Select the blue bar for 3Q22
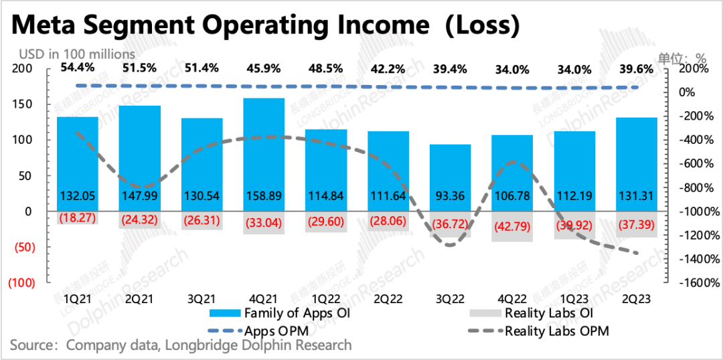[451, 177]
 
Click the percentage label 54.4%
[78, 68]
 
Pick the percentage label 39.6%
[637, 69]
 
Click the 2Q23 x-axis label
[637, 301]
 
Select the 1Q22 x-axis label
[326, 301]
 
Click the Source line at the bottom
[181, 345]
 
